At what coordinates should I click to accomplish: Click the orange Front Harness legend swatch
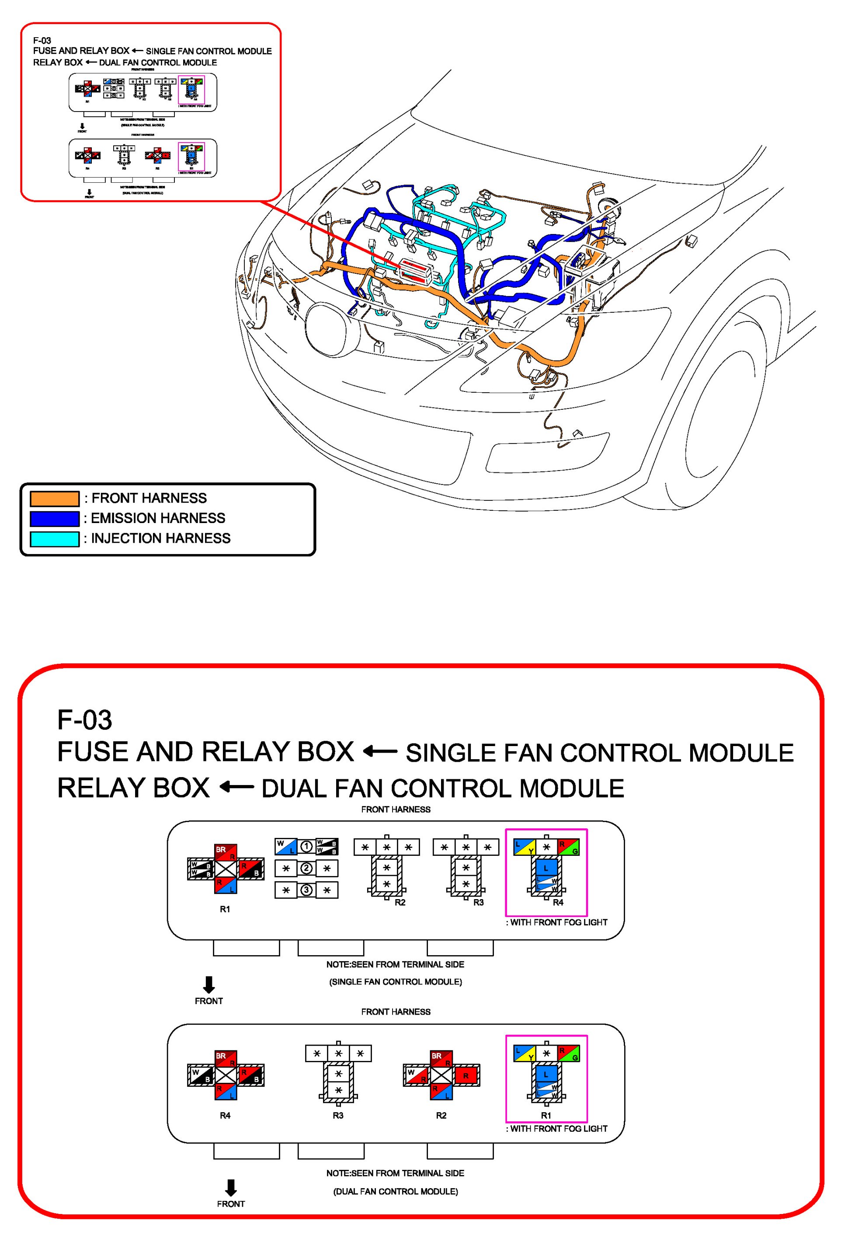coord(54,499)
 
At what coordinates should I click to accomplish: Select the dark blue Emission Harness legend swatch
coord(54,519)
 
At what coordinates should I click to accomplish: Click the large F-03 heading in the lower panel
coord(84,720)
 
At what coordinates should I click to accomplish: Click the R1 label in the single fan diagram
coord(225,909)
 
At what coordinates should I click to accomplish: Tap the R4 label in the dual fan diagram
coord(225,1116)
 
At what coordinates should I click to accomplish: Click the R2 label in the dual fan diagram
coord(441,1116)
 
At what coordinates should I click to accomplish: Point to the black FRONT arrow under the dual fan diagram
coord(231,1187)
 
